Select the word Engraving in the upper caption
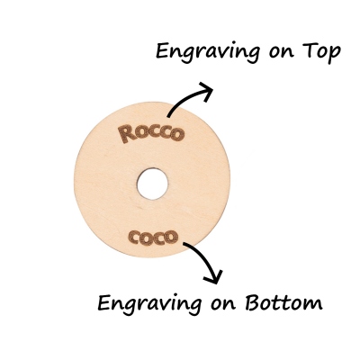(x=208, y=52)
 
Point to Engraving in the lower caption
(x=149, y=304)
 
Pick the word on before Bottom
(x=222, y=304)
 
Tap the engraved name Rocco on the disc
(x=151, y=134)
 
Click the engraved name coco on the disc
(x=153, y=237)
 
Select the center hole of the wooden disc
(x=152, y=184)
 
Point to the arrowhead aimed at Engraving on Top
(x=205, y=91)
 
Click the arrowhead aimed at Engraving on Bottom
(x=215, y=276)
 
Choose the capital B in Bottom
(x=254, y=301)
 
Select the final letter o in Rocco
(x=177, y=134)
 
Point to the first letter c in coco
(x=133, y=238)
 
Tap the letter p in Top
(x=335, y=55)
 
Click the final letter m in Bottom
(x=314, y=304)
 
